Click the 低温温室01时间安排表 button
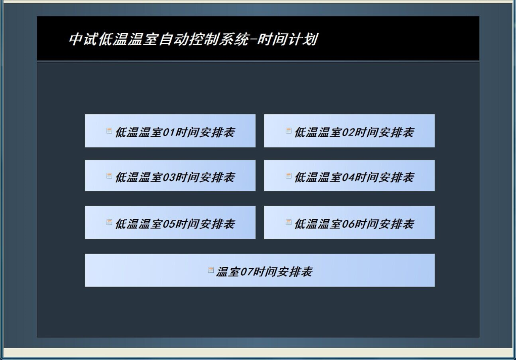tap(170, 130)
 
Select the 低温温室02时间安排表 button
tap(349, 130)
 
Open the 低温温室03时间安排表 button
tap(170, 175)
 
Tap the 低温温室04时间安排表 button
tap(349, 175)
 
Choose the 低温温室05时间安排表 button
tap(170, 222)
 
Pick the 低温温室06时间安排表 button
tap(349, 222)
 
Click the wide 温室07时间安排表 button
tap(260, 270)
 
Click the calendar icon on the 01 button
tap(109, 130)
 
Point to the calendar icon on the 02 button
tap(288, 130)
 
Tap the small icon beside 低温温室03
tap(109, 176)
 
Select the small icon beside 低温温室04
tap(288, 176)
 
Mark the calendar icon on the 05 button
tap(109, 222)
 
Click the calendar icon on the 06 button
tap(288, 222)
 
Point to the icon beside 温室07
tap(211, 270)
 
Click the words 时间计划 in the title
tap(288, 39)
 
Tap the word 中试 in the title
tap(83, 39)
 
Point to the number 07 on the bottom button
tap(247, 272)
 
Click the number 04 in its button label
tap(348, 177)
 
